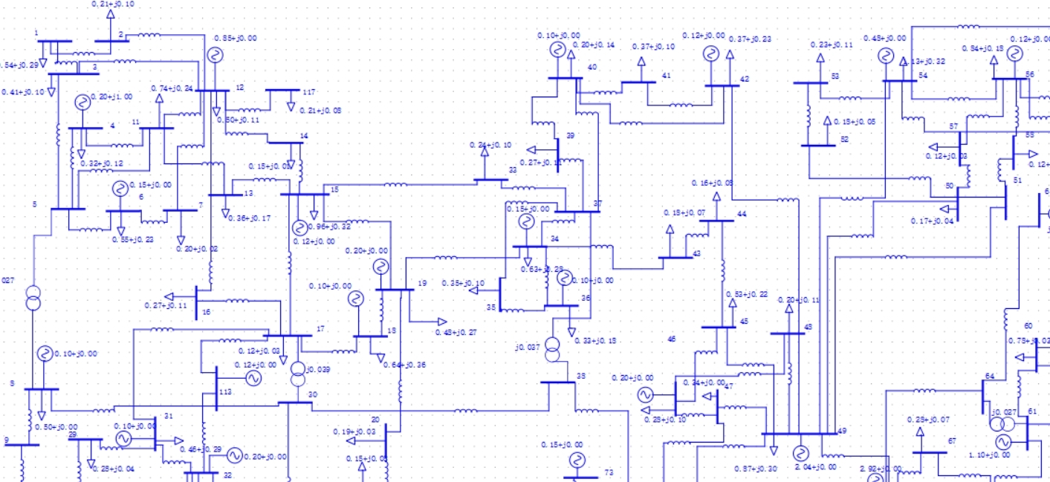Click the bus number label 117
coord(308,92)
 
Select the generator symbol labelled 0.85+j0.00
coord(215,55)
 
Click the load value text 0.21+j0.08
coord(320,110)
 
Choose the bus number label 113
coord(227,391)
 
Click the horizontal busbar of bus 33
coord(490,180)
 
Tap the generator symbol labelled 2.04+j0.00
coord(800,453)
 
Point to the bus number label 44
coord(741,214)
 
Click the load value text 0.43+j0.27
coord(456,332)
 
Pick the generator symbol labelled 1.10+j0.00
coord(1003,443)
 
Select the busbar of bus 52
coord(818,146)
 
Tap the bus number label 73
coord(609,472)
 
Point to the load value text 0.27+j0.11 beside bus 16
coord(166,305)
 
